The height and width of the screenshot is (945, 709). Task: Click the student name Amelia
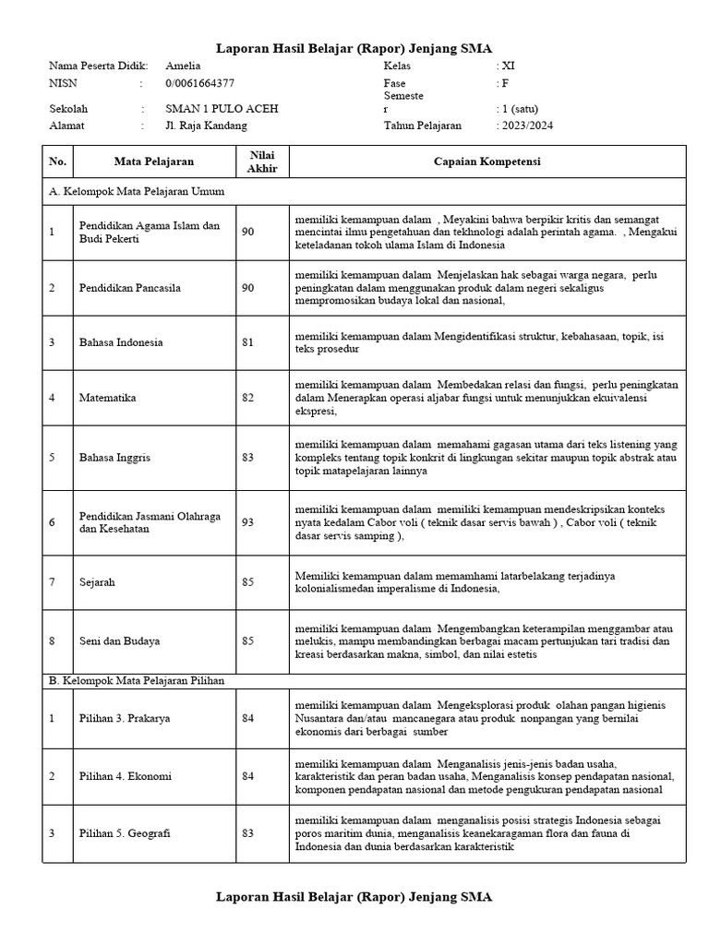tap(183, 66)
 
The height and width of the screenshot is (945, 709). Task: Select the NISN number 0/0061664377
tap(199, 83)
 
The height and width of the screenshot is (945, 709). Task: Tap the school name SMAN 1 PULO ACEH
tap(221, 108)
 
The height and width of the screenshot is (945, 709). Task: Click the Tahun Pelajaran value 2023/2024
tap(525, 125)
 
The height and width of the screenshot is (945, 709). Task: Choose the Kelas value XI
tap(507, 66)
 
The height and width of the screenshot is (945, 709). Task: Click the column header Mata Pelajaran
tap(154, 161)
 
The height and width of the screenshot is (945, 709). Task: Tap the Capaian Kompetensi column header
tap(487, 161)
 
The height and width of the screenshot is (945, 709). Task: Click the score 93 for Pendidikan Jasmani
tap(248, 522)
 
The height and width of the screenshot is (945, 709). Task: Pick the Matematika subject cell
tap(108, 398)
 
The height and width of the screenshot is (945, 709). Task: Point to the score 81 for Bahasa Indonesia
tap(248, 342)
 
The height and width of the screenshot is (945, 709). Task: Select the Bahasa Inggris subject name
tap(114, 458)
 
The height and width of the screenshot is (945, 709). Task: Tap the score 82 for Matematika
tap(248, 398)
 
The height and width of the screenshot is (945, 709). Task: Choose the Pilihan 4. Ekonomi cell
tap(125, 776)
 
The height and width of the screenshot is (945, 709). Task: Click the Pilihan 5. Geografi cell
tap(125, 833)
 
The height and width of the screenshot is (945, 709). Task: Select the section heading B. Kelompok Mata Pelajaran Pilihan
tap(137, 680)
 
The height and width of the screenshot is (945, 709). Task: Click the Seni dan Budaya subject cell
tap(118, 640)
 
